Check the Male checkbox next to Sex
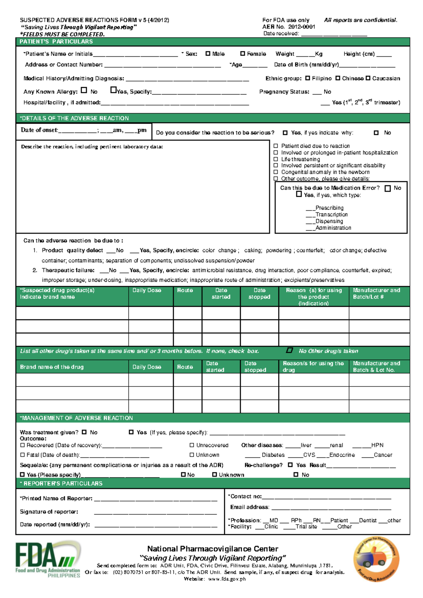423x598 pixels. [208, 54]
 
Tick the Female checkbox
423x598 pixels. [243, 54]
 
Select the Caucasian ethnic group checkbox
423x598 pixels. [368, 78]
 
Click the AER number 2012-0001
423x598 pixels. [302, 27]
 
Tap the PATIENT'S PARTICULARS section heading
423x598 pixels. [56, 42]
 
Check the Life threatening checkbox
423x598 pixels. [276, 159]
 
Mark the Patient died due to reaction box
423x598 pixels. [276, 146]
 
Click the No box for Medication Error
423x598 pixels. [388, 188]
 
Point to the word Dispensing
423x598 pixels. [329, 221]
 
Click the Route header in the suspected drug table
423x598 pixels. [185, 290]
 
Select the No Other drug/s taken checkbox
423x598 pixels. [289, 350]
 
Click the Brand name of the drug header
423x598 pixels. [52, 367]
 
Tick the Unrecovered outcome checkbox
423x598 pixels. [192, 445]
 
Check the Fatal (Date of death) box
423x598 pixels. [23, 455]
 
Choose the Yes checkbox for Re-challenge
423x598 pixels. [290, 465]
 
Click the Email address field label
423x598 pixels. [250, 507]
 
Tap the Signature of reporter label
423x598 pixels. [49, 512]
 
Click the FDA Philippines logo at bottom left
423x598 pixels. [48, 560]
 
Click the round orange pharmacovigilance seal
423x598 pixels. [376, 560]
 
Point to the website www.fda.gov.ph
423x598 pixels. [227, 579]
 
